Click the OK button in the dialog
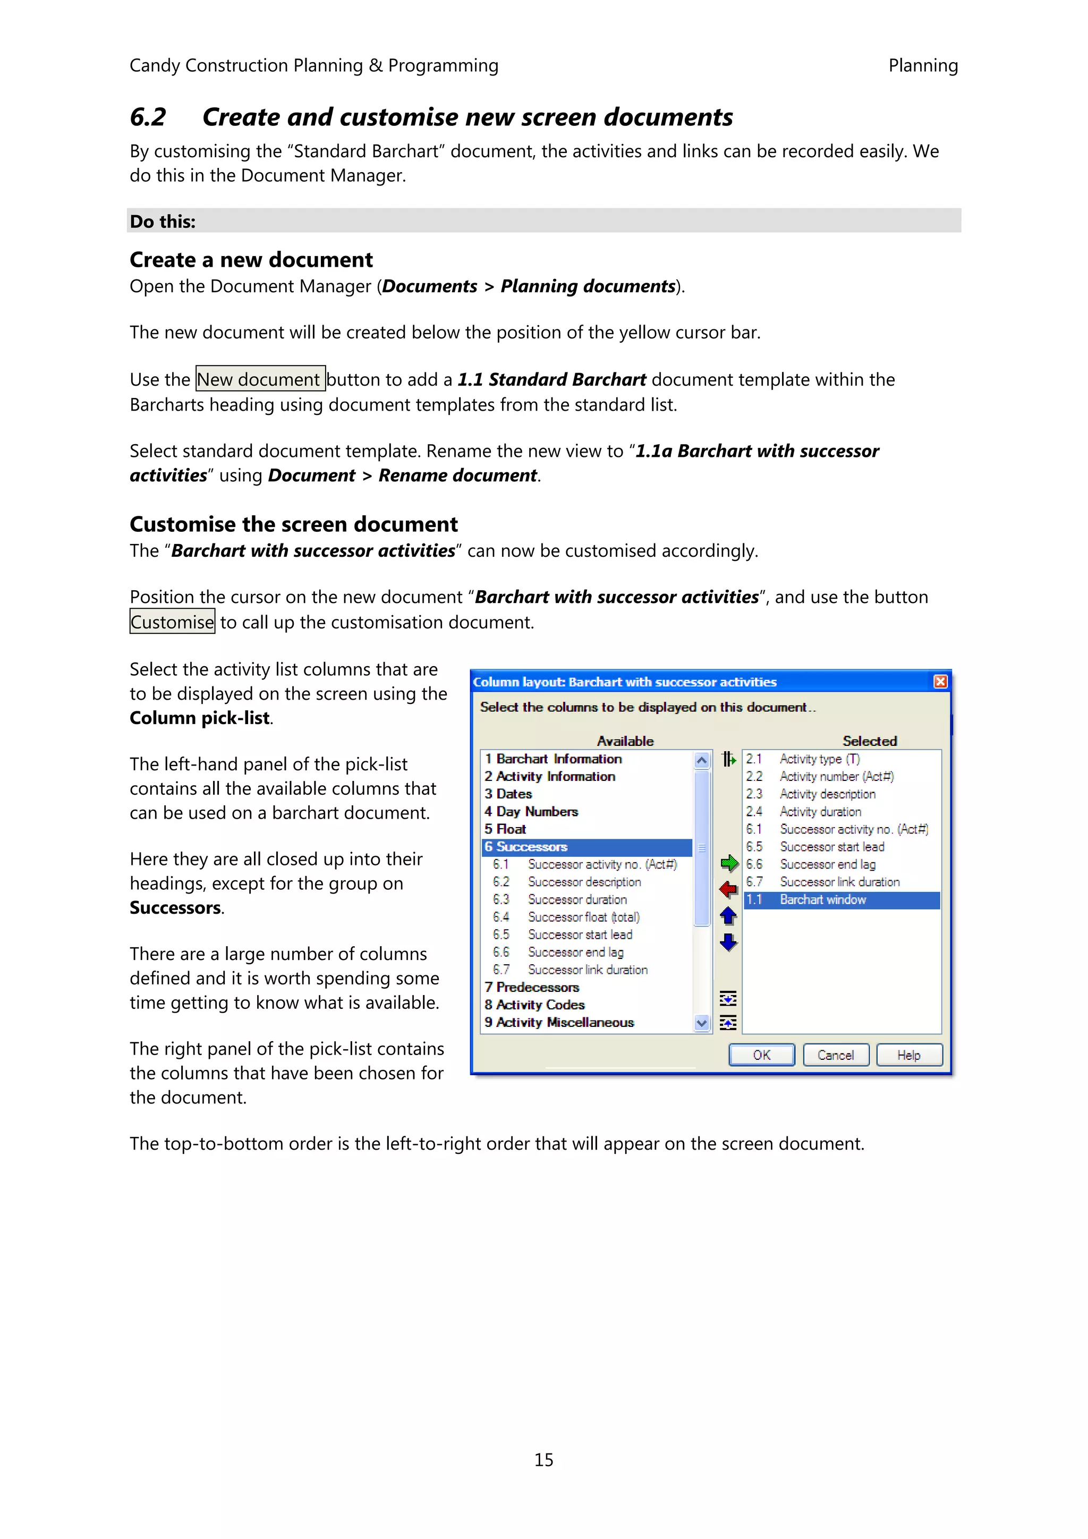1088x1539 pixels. click(761, 1055)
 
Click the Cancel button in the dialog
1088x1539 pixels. click(835, 1055)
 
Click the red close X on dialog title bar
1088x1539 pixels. click(940, 682)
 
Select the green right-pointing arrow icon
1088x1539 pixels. click(729, 863)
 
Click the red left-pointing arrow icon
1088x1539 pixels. click(729, 889)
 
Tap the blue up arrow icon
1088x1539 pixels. click(729, 916)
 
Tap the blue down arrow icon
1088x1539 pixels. click(729, 942)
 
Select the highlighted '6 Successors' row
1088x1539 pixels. click(586, 847)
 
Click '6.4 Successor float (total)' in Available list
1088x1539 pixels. click(583, 917)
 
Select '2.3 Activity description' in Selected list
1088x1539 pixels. click(827, 794)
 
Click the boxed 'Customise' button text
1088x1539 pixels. click(172, 622)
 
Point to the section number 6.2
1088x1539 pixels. click(148, 117)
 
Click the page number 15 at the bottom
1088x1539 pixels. click(543, 1460)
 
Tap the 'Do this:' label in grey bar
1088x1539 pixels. click(163, 222)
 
